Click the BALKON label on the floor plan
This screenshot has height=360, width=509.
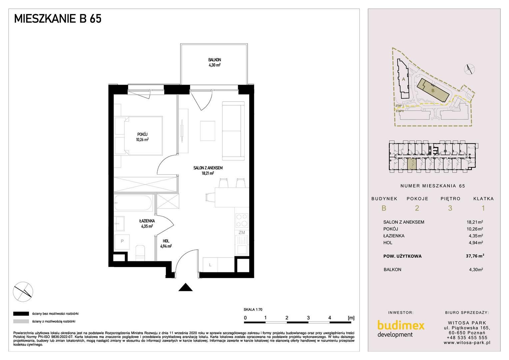point(215,60)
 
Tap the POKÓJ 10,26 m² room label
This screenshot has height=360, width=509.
point(142,137)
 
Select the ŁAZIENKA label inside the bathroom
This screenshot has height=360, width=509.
point(147,221)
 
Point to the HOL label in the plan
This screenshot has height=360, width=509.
point(166,241)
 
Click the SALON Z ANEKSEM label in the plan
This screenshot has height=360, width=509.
point(208,168)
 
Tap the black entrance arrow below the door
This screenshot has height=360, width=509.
point(186,287)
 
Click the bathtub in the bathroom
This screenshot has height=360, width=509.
point(133,203)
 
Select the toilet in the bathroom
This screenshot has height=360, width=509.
point(140,253)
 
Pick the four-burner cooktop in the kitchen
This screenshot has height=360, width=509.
point(242,220)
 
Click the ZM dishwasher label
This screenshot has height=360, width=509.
point(242,232)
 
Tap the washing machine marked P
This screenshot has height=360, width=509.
point(122,241)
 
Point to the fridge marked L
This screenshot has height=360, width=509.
point(210,265)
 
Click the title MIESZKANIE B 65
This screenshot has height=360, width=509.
point(58,19)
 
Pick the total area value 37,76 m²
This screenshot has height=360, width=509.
point(475,256)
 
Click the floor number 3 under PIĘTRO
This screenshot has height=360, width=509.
point(450,208)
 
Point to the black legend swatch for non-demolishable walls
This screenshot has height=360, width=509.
point(21,314)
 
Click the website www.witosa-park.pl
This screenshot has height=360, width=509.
point(467,343)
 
